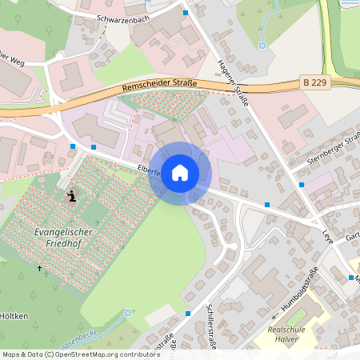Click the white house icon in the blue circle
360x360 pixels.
click(x=180, y=173)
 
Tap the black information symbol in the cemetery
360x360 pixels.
click(x=73, y=195)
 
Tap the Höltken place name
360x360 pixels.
click(x=14, y=316)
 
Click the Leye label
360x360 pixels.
click(x=327, y=238)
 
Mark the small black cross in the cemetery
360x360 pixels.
click(x=40, y=267)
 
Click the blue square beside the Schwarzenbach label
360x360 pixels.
click(x=186, y=13)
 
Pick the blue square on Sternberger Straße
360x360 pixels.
click(x=302, y=185)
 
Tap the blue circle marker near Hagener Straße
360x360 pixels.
click(x=262, y=46)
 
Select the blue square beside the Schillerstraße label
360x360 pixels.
click(x=187, y=314)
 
